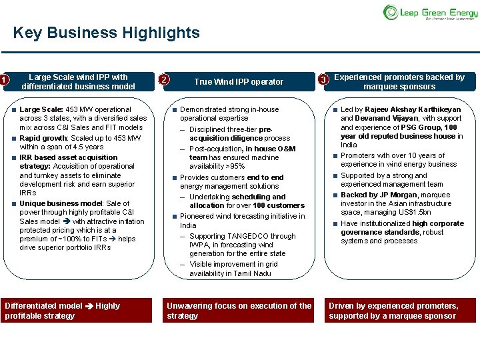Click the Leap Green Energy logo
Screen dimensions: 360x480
pos(429,12)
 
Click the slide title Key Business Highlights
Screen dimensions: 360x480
pos(106,33)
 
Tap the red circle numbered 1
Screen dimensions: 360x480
pos(4,81)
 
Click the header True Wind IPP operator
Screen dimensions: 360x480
pos(239,82)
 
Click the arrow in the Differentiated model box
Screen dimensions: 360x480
pos(89,306)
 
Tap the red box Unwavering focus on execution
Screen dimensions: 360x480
pos(239,311)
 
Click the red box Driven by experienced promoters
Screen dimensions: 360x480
pos(399,311)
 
